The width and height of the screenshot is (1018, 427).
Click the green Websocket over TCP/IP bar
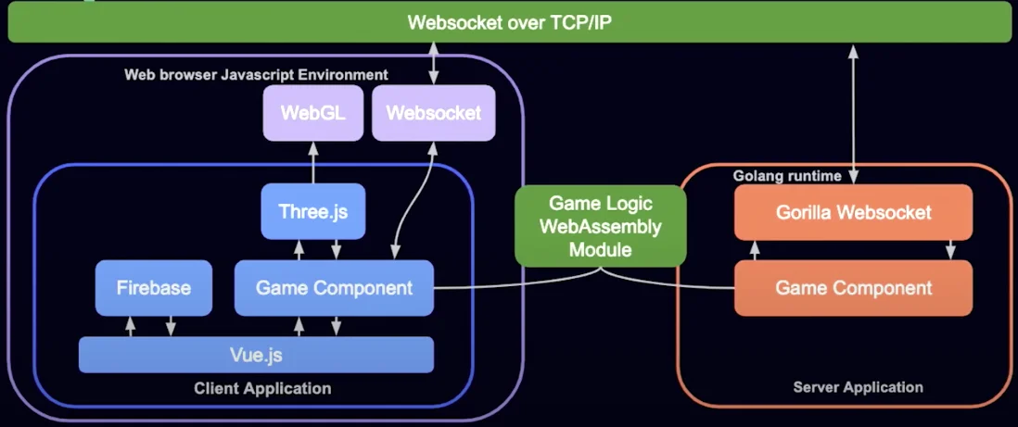(509, 22)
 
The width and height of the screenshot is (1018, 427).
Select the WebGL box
(313, 113)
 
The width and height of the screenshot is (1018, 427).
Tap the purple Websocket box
(434, 113)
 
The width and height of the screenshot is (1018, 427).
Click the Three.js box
(313, 211)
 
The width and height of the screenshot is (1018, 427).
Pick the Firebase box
(154, 287)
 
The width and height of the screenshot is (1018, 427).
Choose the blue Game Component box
(334, 287)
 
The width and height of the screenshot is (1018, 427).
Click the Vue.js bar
(256, 355)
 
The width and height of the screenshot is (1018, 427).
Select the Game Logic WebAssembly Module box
(601, 226)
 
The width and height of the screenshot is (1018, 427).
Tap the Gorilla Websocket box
(853, 212)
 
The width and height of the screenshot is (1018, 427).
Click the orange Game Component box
(853, 287)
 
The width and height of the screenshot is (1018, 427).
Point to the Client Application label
(262, 389)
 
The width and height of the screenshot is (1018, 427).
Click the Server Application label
(858, 387)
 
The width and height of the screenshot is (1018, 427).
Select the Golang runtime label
(787, 176)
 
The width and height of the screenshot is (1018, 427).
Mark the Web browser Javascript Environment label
(257, 75)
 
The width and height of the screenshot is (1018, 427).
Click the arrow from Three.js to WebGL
(313, 162)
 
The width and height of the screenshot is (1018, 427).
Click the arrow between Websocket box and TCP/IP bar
(434, 64)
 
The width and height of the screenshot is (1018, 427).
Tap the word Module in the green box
(601, 248)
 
